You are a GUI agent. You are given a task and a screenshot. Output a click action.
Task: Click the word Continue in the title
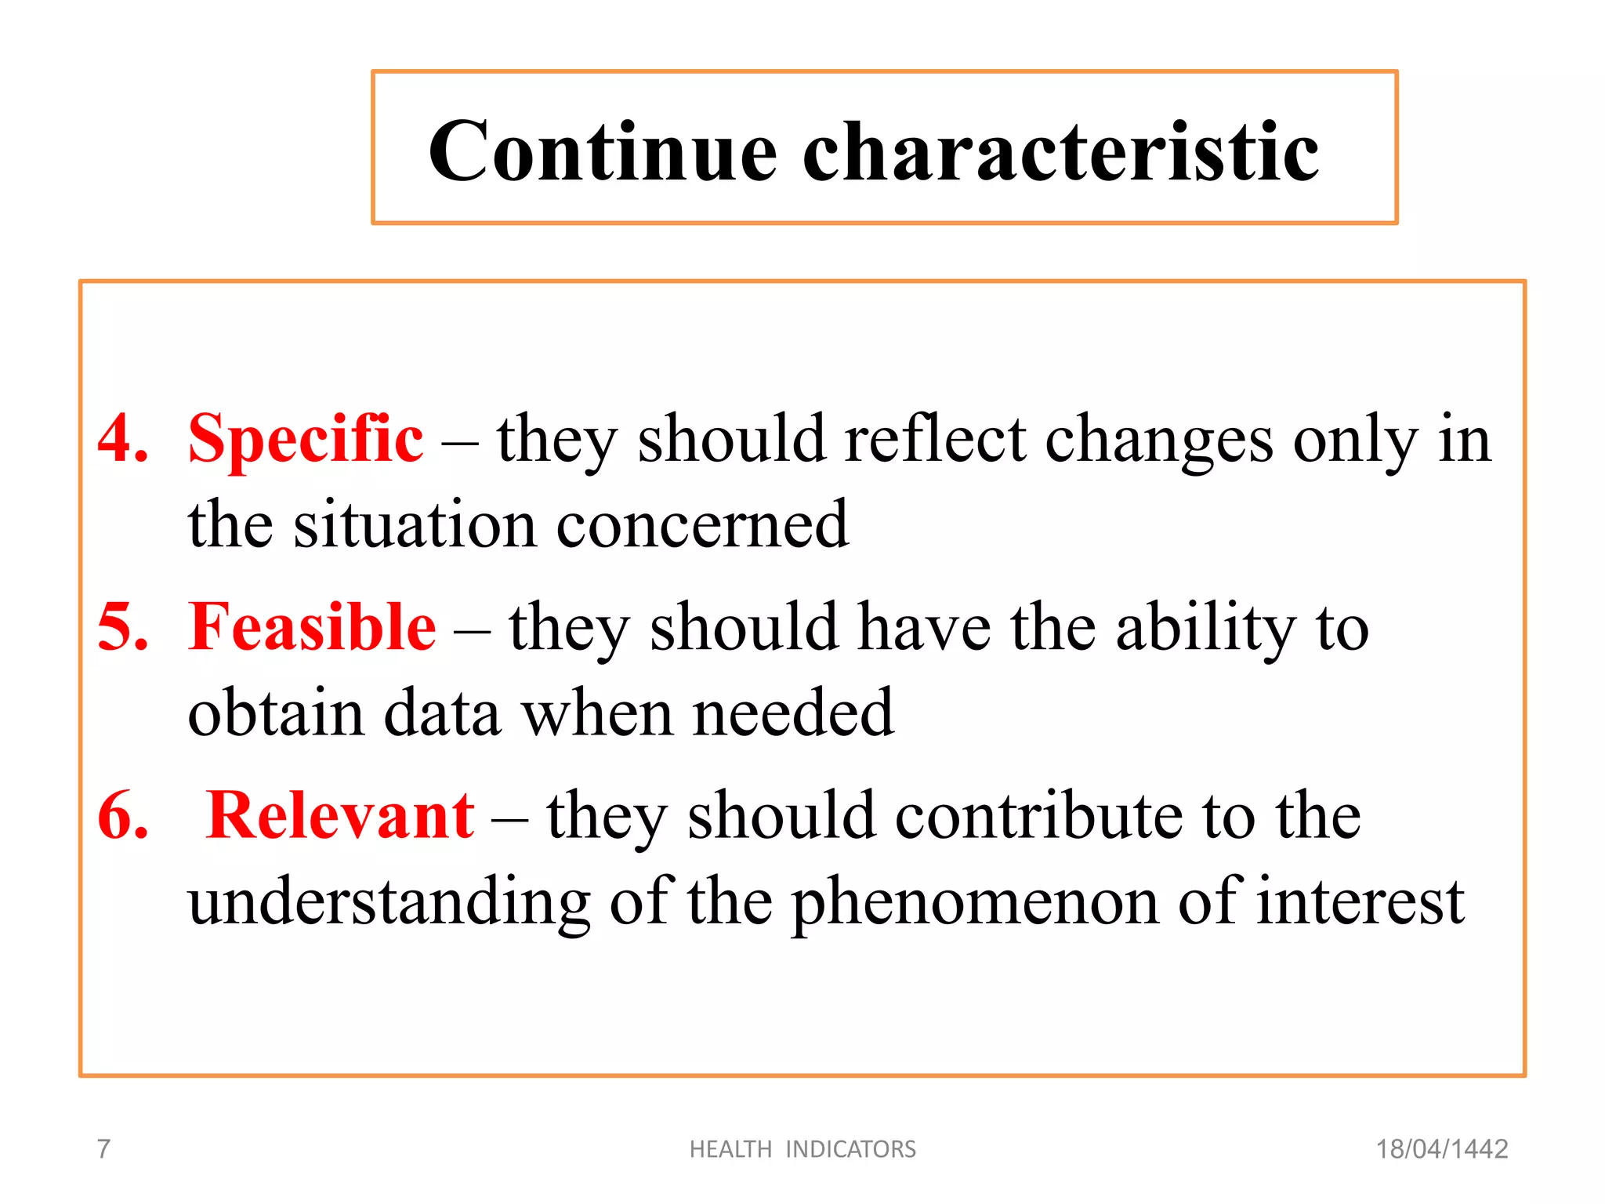[603, 151]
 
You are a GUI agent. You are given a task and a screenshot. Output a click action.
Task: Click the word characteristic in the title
[1061, 151]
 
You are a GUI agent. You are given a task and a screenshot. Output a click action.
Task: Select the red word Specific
[306, 439]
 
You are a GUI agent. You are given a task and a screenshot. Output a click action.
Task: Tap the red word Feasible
[312, 627]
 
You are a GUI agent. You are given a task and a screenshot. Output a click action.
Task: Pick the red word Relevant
[340, 816]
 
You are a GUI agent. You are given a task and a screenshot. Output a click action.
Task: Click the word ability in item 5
[1206, 627]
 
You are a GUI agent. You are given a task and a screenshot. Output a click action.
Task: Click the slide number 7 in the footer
[103, 1149]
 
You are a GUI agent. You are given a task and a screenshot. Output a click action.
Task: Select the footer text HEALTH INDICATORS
[802, 1149]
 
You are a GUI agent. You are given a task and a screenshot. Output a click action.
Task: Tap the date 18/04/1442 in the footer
[1442, 1149]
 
